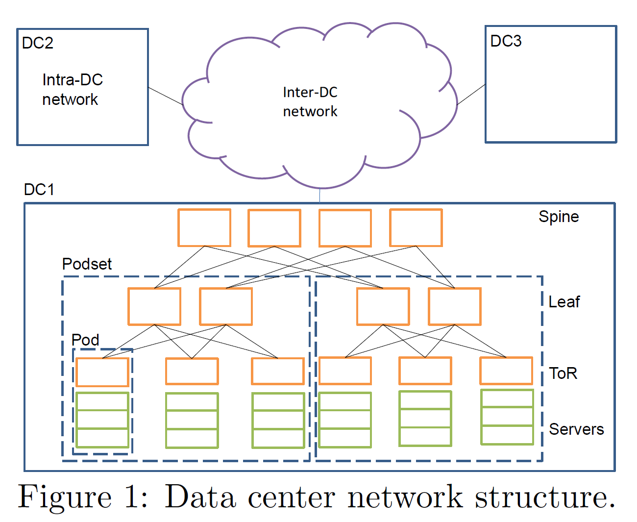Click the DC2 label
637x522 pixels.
point(37,43)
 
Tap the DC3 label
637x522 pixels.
point(506,41)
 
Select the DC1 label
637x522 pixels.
point(39,189)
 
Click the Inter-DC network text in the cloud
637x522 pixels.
point(310,102)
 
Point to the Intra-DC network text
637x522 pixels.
point(72,90)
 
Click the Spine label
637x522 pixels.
point(559,217)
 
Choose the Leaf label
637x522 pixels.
point(564,302)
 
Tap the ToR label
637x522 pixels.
point(563,373)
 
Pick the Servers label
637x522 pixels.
point(576,429)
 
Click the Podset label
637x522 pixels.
point(87,264)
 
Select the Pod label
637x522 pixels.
point(85,340)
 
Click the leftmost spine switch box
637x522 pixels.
point(204,228)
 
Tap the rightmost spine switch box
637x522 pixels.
point(416,228)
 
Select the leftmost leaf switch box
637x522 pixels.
point(154,306)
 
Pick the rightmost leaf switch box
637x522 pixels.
point(455,306)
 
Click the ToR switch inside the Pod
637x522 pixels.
point(102,372)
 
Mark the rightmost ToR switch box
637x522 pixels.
point(506,371)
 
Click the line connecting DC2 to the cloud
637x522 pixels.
point(166,97)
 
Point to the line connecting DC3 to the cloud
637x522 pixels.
point(471,95)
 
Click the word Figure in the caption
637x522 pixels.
point(65,497)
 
